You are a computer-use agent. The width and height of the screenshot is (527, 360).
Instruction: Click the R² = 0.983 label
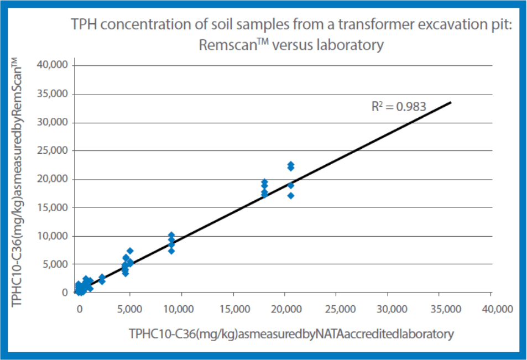pos(399,107)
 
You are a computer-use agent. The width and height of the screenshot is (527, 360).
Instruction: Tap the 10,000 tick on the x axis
pos(181,308)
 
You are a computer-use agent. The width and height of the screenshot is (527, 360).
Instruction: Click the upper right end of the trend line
pos(451,102)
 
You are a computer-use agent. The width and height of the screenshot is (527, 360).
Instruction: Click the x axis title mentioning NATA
pos(291,333)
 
